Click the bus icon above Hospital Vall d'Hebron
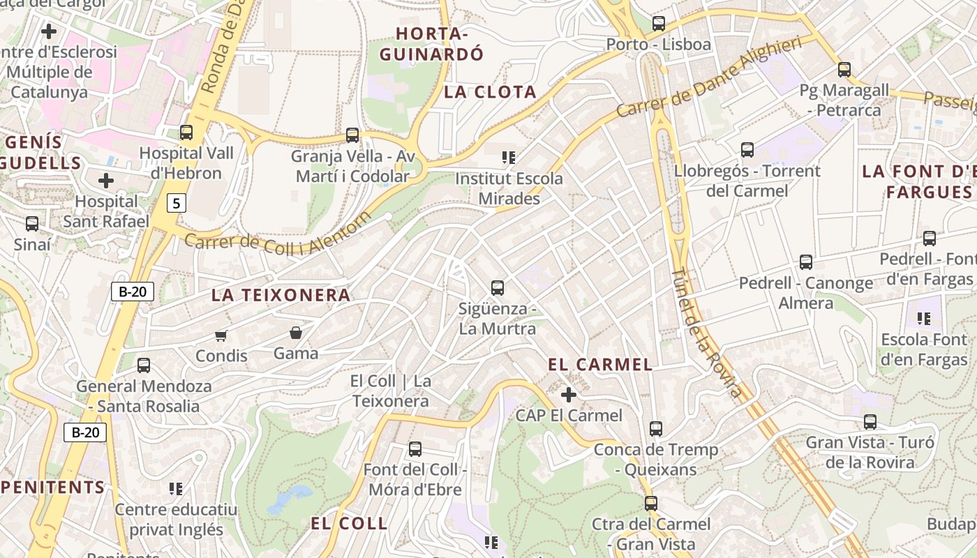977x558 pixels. (186, 132)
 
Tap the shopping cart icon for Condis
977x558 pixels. (221, 335)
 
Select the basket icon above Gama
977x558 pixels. (296, 333)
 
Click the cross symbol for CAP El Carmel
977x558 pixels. (569, 395)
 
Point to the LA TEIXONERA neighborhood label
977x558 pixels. (281, 295)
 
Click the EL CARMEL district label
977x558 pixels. (600, 364)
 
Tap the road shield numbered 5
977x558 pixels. (177, 203)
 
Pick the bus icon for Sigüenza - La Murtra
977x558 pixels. (498, 287)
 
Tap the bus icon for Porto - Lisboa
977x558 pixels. (658, 23)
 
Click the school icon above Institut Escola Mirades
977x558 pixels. (509, 158)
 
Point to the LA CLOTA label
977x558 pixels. (490, 92)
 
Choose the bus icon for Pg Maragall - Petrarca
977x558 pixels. (844, 69)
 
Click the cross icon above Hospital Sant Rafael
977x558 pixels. (106, 181)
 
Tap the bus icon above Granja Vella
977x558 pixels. (352, 135)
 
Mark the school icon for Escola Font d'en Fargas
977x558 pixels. (924, 319)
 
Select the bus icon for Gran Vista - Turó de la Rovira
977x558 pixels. (870, 421)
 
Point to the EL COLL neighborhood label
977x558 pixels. (349, 523)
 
